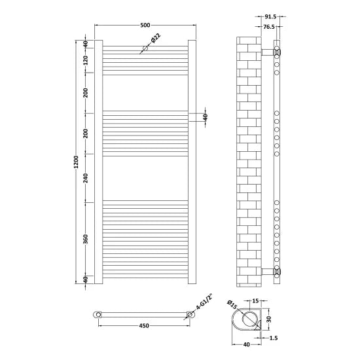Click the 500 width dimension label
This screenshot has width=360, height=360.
pos(145,25)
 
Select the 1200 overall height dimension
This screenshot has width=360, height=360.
pos(76,162)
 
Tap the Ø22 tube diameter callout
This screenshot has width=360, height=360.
pos(156,38)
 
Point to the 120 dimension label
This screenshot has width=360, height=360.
pos(85,60)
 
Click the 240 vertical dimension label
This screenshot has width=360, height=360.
pos(85,178)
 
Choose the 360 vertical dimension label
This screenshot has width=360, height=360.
pos(85,239)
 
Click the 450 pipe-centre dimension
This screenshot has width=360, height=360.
pos(144,325)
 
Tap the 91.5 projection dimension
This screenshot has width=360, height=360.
pos(271,16)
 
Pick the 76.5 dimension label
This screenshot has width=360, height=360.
pos(269,27)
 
